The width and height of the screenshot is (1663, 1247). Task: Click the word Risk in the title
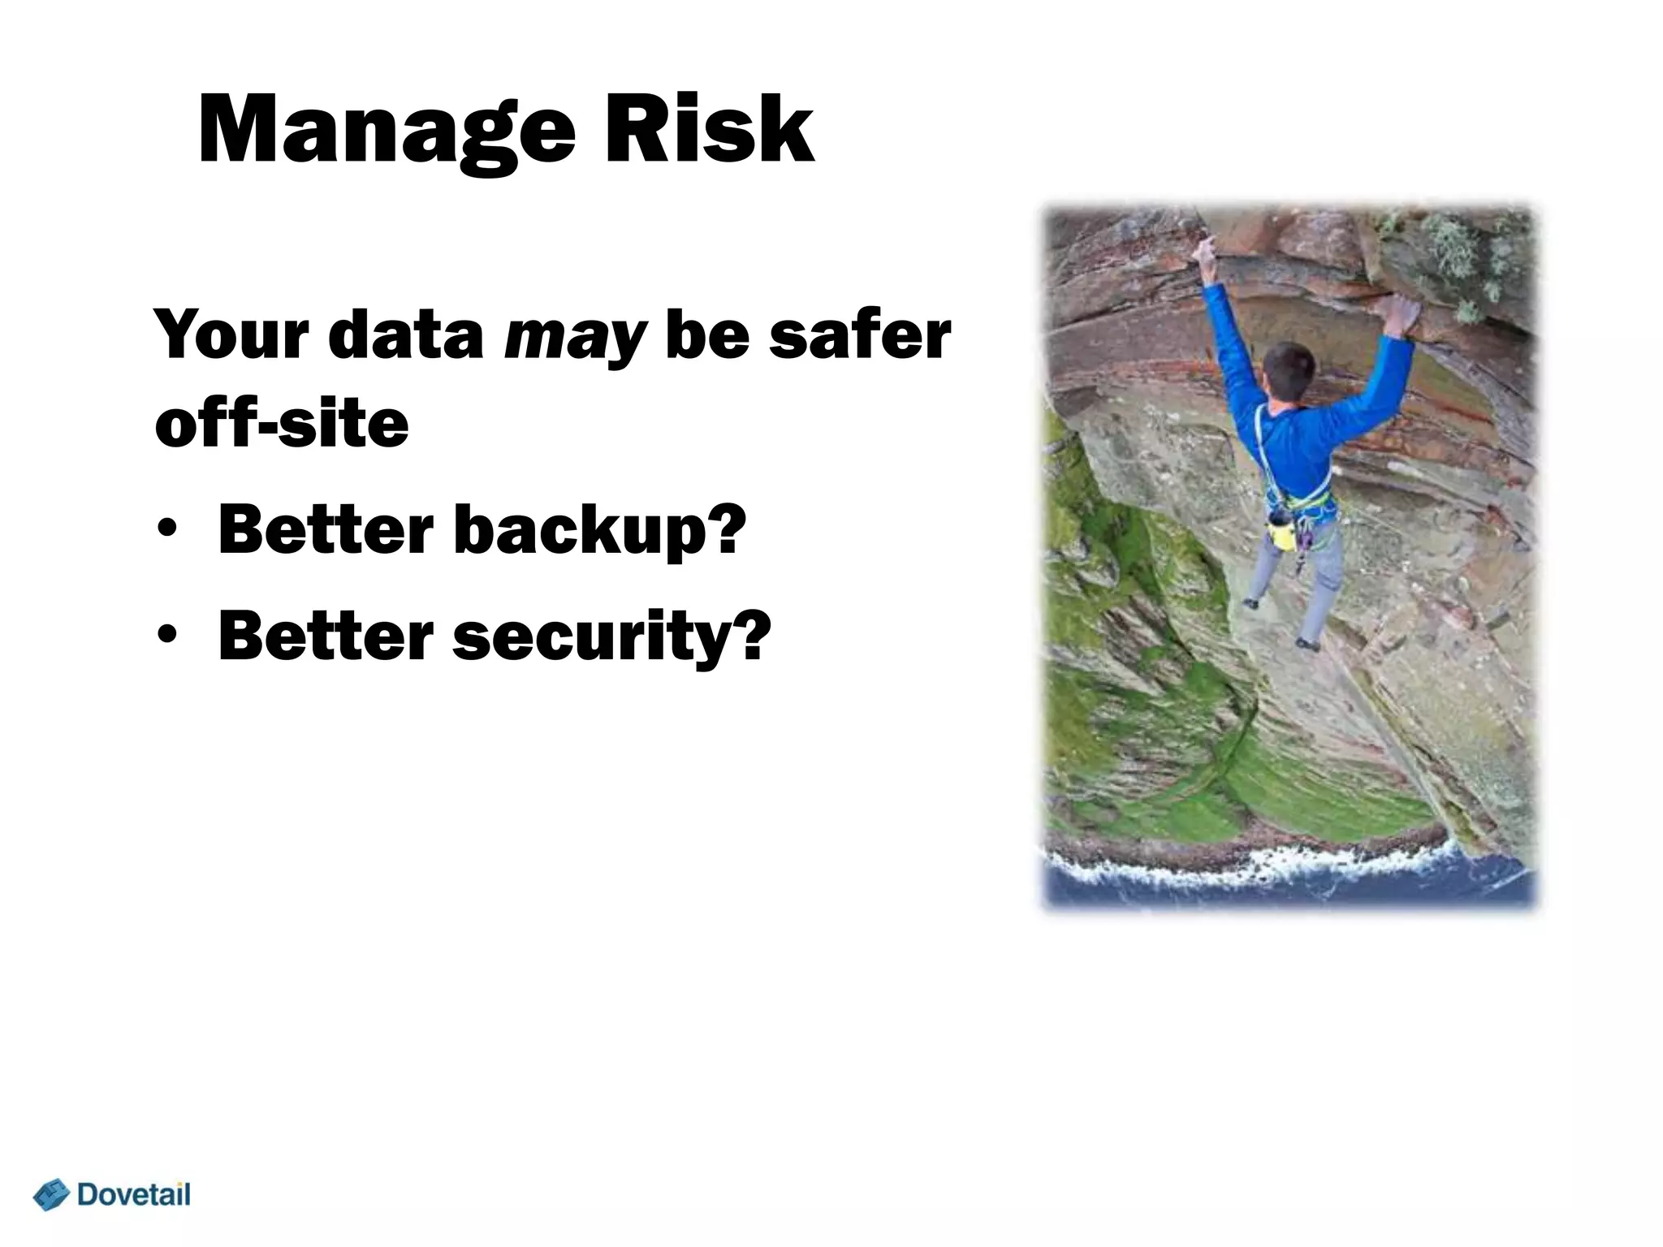pyautogui.click(x=706, y=130)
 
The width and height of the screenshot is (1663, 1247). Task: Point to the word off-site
pyautogui.click(x=281, y=424)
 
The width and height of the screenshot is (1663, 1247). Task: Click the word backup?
pyautogui.click(x=599, y=529)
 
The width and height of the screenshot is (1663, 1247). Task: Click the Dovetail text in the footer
pyautogui.click(x=134, y=1194)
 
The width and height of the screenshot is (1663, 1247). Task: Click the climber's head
pyautogui.click(x=1289, y=372)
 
